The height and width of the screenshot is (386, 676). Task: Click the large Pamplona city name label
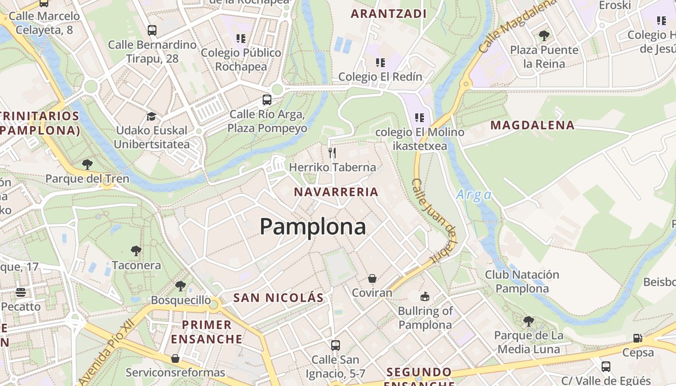(x=313, y=226)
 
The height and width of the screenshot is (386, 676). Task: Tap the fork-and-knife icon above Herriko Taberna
(x=332, y=153)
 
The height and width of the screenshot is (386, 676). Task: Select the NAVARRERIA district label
(x=336, y=192)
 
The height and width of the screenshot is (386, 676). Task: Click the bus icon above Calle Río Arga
(x=267, y=100)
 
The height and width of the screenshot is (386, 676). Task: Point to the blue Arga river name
(x=474, y=195)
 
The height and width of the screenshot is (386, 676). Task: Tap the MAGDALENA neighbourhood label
(x=533, y=125)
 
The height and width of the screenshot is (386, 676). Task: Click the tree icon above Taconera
(x=136, y=250)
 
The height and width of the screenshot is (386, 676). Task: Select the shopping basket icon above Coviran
(x=372, y=278)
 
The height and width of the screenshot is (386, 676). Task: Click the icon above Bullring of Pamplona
(x=425, y=296)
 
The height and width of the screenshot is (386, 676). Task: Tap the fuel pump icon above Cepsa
(x=638, y=338)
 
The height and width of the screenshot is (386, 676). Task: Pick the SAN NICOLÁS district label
(x=278, y=298)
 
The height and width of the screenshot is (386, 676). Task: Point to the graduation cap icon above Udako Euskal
(x=151, y=116)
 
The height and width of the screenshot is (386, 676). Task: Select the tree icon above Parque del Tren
(x=87, y=164)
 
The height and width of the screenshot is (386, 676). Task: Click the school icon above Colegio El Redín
(x=380, y=62)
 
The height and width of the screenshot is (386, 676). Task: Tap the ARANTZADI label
(x=389, y=14)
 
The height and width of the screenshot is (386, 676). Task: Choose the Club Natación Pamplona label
(x=522, y=282)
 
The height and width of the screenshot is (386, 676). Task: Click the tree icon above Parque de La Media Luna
(x=529, y=321)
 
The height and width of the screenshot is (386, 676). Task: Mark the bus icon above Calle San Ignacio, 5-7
(x=336, y=345)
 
